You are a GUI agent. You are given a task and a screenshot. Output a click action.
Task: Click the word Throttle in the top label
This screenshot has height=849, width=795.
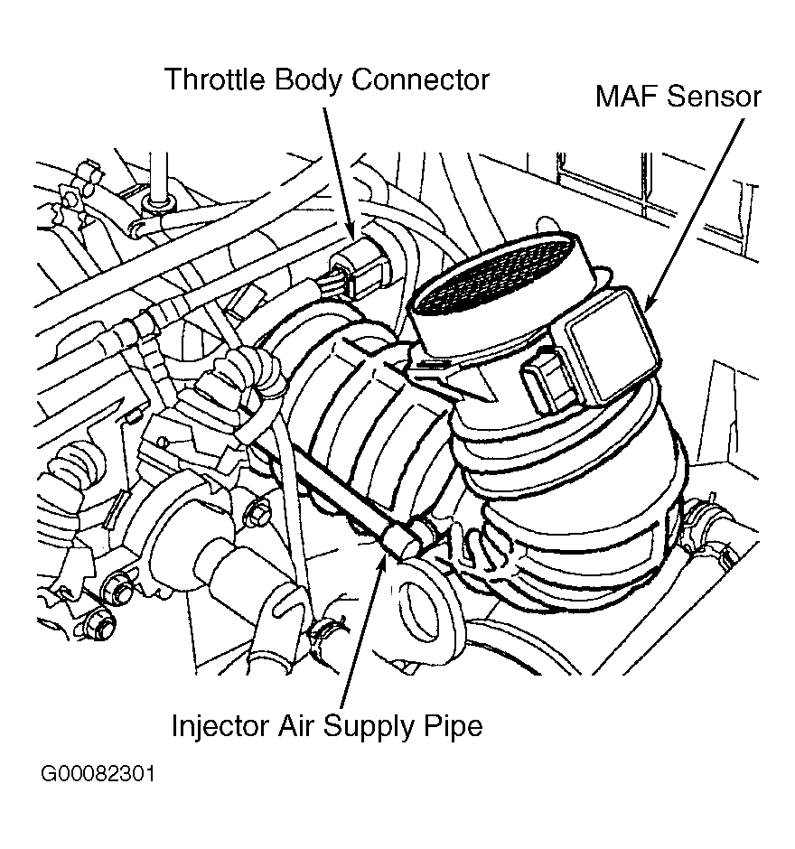click(x=213, y=79)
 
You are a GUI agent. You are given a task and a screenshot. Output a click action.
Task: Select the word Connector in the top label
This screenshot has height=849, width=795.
click(x=420, y=79)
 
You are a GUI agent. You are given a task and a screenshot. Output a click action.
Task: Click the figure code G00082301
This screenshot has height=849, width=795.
click(x=97, y=775)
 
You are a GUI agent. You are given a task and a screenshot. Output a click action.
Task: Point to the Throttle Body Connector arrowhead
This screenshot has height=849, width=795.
click(x=353, y=237)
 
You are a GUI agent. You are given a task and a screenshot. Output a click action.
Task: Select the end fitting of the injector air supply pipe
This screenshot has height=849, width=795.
click(x=403, y=539)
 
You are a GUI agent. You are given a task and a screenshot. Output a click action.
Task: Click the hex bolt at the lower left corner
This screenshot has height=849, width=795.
click(x=101, y=625)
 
